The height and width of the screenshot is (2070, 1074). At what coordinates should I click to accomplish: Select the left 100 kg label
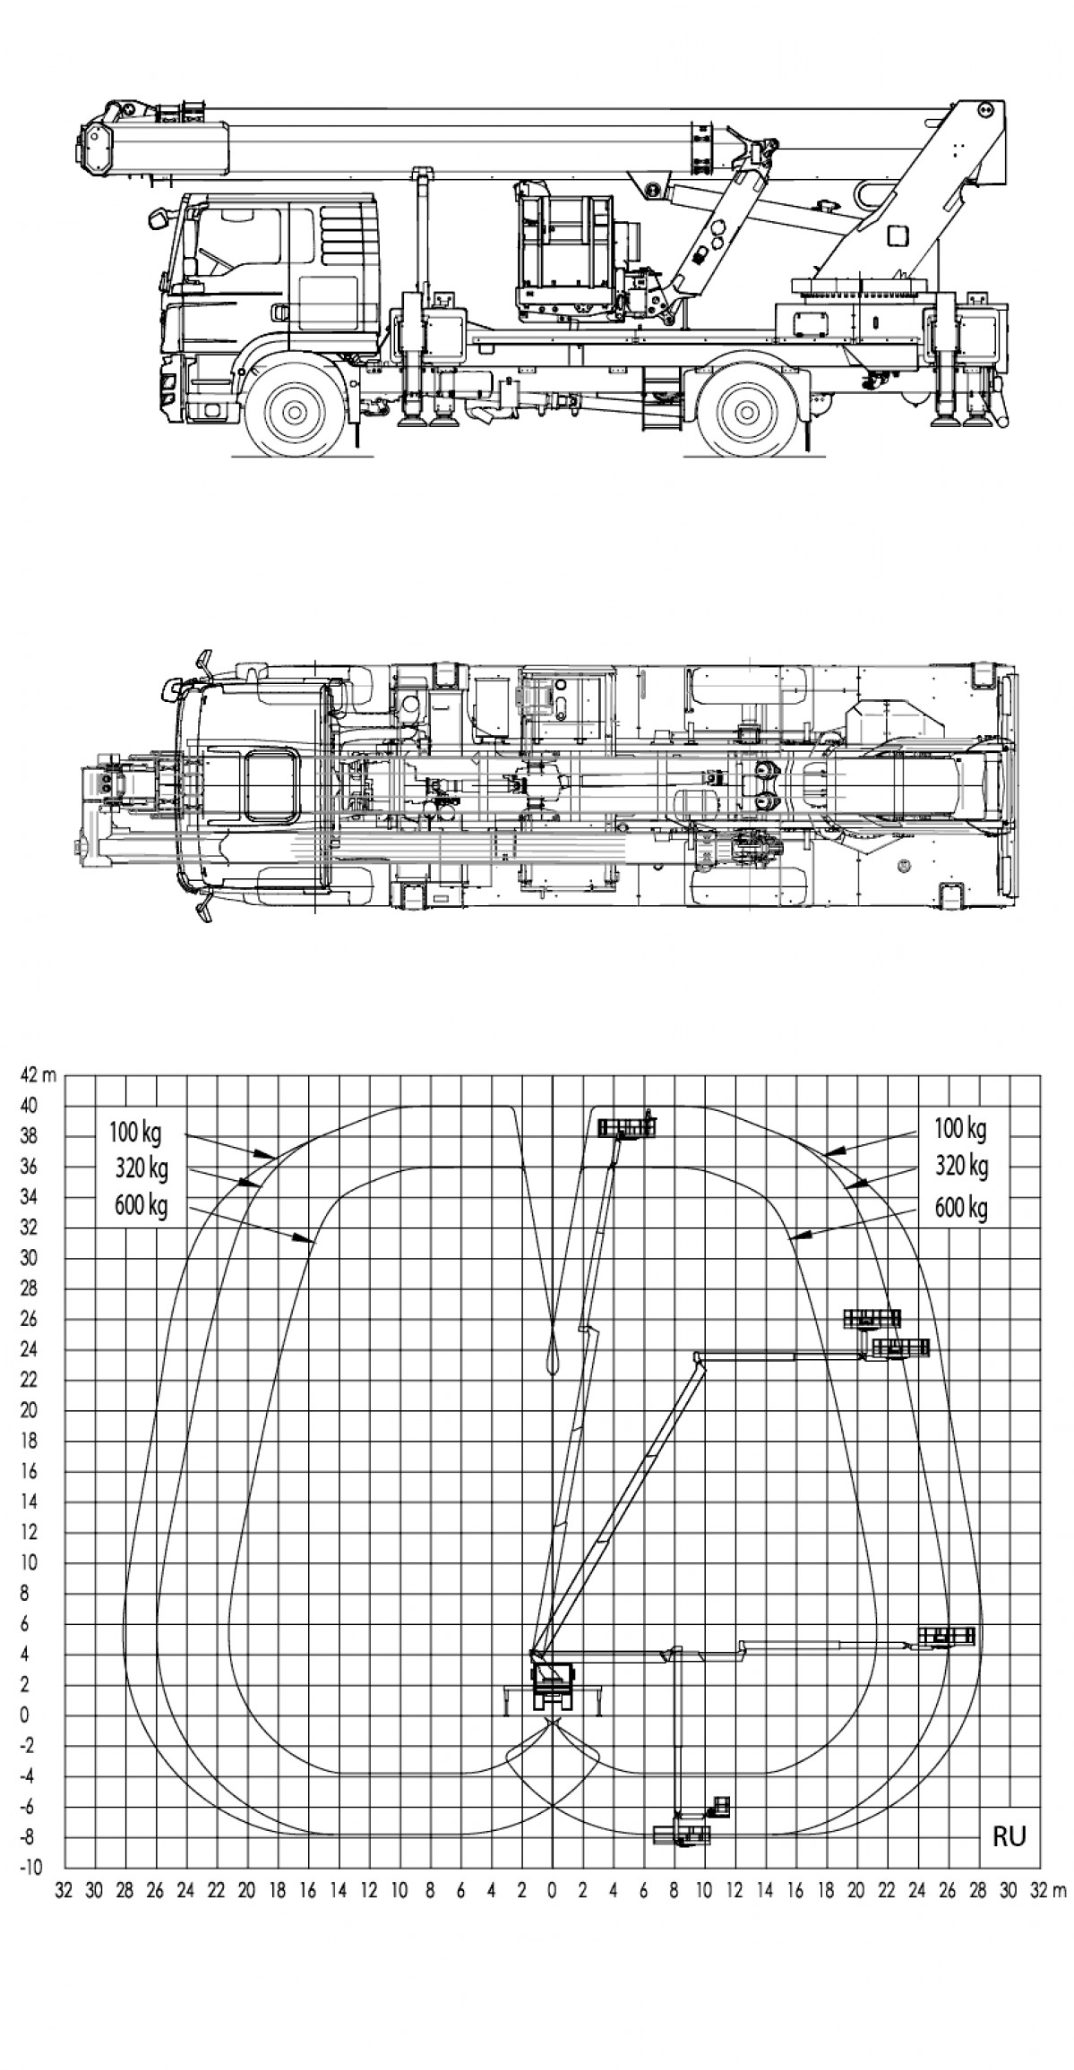pos(135,1132)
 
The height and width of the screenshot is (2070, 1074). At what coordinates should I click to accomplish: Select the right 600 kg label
pos(961,1209)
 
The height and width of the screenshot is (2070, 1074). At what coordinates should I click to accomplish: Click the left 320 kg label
pos(141,1168)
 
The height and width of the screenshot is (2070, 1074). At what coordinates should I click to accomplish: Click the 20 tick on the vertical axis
pos(30,1410)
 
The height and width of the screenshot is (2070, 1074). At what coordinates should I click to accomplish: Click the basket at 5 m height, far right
pos(946,1636)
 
